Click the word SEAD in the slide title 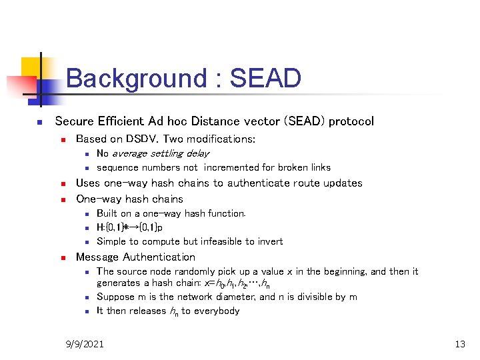(265, 79)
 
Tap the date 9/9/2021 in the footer (85, 344)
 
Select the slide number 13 (459, 344)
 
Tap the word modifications (222, 139)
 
